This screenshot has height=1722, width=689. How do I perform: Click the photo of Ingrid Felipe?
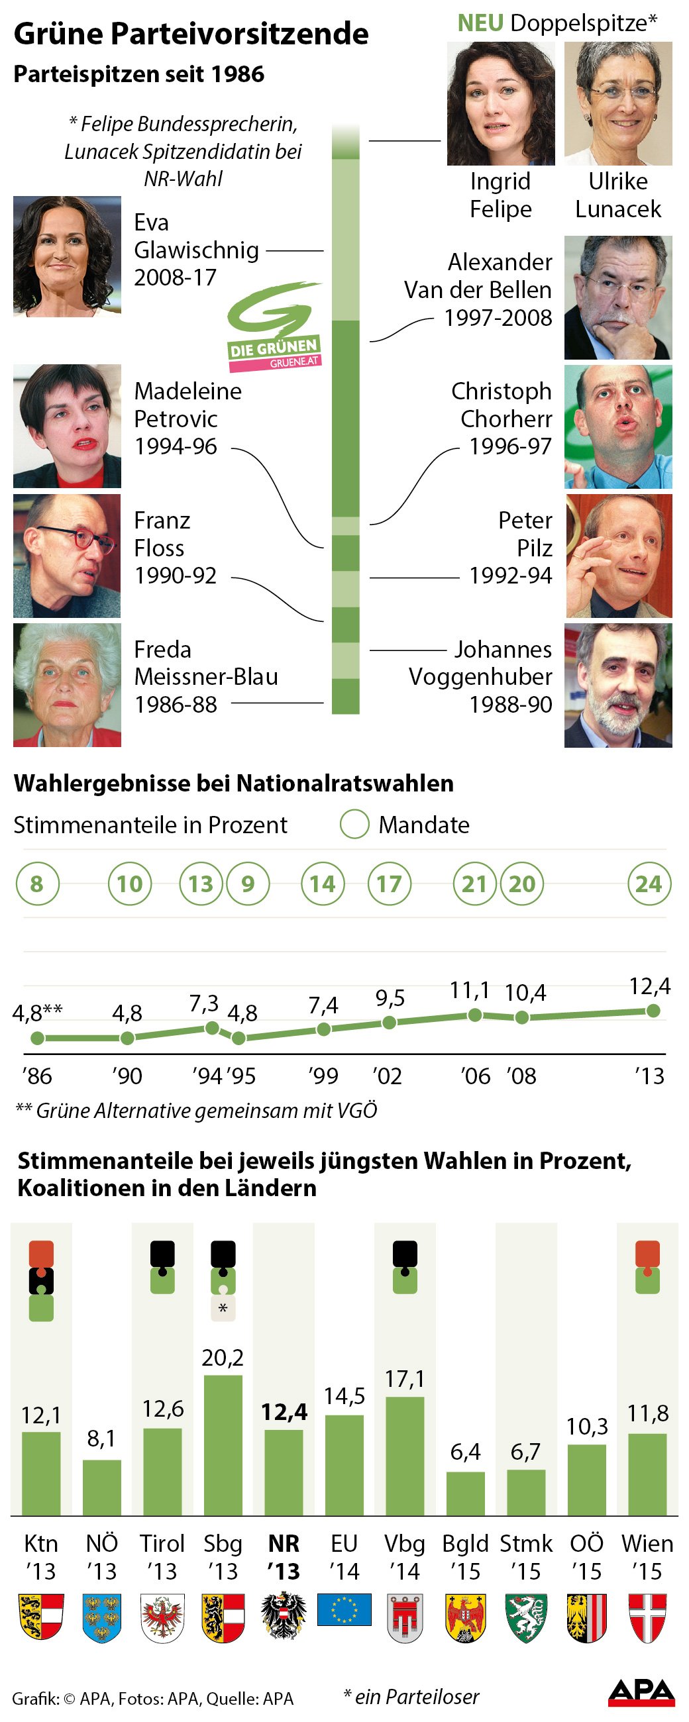(x=500, y=103)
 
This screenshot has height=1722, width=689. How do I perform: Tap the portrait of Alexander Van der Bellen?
(x=617, y=297)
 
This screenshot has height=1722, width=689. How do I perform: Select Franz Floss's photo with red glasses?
(x=67, y=556)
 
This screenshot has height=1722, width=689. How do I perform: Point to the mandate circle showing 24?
(x=648, y=884)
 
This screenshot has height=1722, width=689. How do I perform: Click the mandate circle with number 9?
(x=248, y=884)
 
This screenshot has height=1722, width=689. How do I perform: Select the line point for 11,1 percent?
(x=474, y=1015)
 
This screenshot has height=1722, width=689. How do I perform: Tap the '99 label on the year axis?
(x=323, y=1076)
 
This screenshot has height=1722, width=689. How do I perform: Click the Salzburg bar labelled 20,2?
(x=223, y=1444)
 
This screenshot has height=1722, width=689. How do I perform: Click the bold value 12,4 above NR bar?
(x=284, y=1411)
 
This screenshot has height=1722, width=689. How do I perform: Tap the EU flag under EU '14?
(x=344, y=1609)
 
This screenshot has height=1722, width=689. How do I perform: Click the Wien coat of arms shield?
(x=647, y=1617)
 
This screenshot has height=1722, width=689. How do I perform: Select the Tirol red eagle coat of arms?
(x=162, y=1617)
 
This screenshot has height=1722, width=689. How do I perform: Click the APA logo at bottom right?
(x=641, y=1692)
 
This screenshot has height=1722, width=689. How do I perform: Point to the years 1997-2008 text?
(x=498, y=317)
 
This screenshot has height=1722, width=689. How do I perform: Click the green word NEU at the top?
(x=480, y=23)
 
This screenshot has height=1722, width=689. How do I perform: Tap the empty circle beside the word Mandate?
(x=354, y=824)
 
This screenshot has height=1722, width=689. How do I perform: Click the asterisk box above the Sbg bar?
(x=223, y=1308)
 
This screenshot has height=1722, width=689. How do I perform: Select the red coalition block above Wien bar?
(x=647, y=1253)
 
